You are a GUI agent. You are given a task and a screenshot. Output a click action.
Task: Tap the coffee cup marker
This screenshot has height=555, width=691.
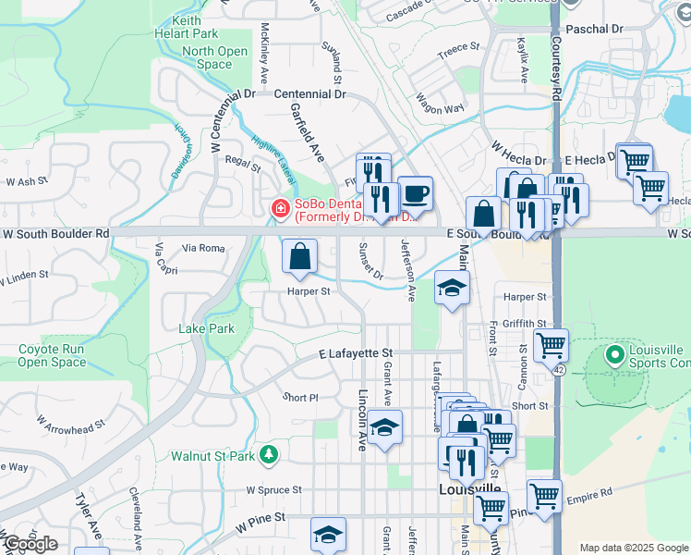415,193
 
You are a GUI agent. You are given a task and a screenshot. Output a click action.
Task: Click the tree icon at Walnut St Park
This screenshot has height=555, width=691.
268,454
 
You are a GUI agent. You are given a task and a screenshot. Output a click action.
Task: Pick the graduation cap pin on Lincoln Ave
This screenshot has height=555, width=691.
383,428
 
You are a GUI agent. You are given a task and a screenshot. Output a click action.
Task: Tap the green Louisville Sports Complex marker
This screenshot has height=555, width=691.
614,354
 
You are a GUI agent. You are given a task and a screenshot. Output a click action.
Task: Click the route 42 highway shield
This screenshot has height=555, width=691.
559,369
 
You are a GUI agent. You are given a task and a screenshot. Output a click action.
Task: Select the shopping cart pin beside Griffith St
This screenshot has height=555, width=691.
551,345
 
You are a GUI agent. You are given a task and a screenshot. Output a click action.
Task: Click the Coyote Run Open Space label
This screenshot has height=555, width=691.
52,356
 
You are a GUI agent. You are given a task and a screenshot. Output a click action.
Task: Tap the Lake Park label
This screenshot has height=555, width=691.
206,328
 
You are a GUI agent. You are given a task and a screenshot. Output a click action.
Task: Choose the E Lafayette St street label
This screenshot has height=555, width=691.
356,353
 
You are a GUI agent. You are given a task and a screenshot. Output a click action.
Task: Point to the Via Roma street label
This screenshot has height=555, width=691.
203,248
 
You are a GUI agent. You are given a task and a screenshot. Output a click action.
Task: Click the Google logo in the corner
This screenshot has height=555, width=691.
30,544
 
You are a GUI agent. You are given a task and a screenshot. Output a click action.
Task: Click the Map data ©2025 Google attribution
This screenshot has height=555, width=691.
633,548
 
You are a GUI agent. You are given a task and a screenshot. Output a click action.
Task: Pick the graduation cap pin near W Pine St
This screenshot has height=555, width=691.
327,534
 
